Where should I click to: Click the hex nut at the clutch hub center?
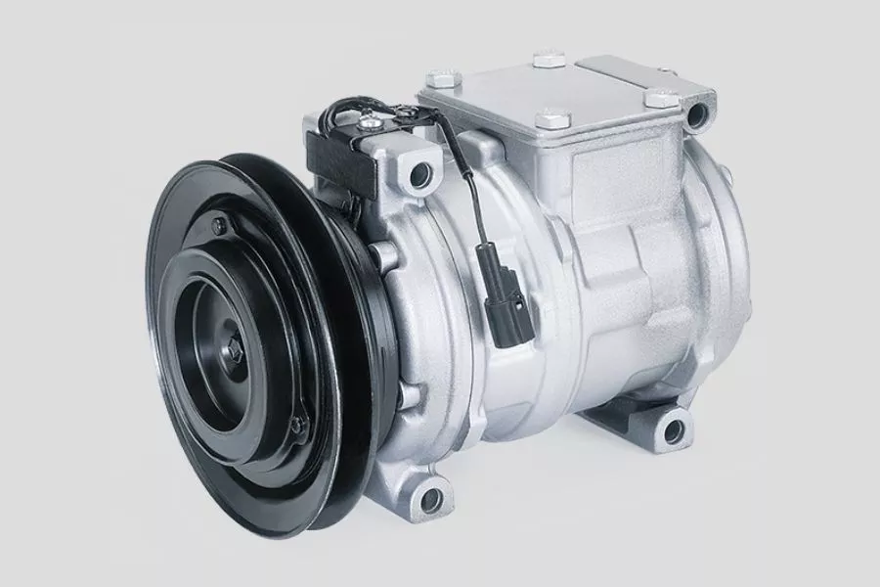(x=239, y=349)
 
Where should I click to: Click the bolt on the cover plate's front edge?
(x=553, y=119)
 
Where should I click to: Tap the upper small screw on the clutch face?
(x=218, y=227)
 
